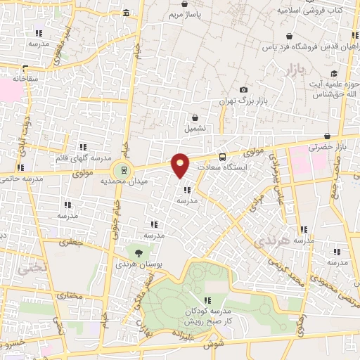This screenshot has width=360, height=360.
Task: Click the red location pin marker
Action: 181,165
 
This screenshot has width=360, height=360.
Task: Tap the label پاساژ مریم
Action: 188,14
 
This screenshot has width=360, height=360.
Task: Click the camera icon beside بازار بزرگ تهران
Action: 243,90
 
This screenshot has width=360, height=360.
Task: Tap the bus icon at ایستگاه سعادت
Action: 223,157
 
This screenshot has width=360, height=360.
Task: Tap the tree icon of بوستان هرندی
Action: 138,253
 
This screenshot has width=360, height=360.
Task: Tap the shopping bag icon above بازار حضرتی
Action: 327,136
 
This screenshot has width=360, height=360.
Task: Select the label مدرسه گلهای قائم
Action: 84,158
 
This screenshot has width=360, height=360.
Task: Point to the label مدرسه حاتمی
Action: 21,179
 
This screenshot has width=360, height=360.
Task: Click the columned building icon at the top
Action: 126,13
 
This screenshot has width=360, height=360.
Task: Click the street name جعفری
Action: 70,243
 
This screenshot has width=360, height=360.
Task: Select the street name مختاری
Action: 70,296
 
